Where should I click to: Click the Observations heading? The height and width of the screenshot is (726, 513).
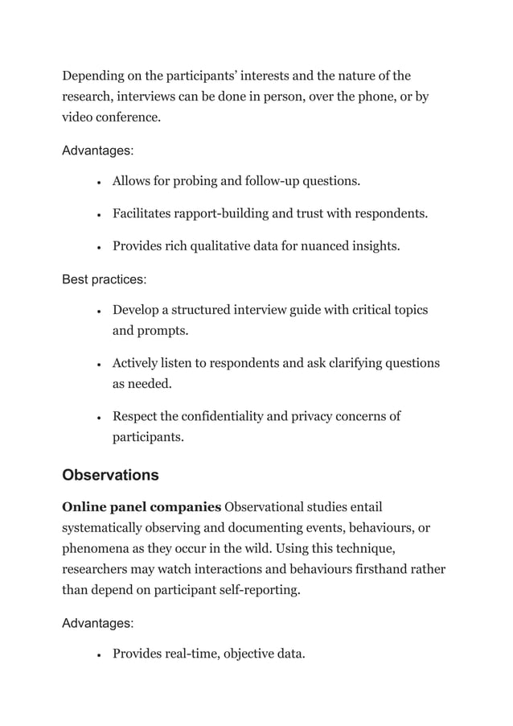(x=110, y=475)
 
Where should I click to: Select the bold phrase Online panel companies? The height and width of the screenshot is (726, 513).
(x=142, y=507)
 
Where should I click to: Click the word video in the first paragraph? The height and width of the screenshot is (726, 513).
(x=78, y=118)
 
